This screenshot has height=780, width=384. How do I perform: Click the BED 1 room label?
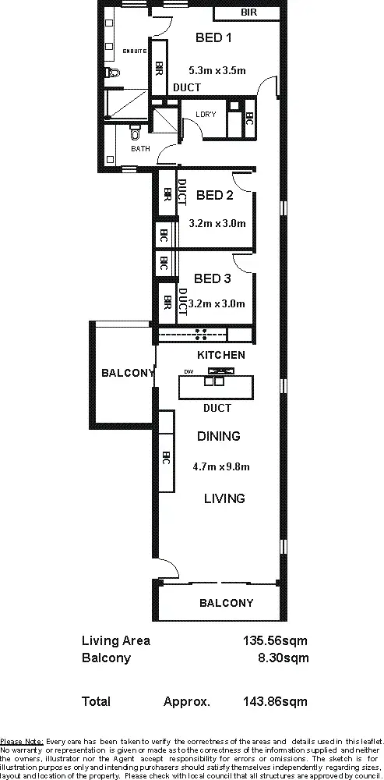[213, 37]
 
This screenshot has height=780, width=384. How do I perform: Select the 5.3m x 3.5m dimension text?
[217, 70]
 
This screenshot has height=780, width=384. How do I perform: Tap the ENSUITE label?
[134, 51]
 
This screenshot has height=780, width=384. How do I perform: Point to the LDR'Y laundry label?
[206, 115]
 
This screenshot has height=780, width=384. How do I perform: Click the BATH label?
[140, 148]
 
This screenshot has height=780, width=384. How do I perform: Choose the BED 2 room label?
[215, 195]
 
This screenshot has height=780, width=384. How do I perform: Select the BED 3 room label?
[213, 278]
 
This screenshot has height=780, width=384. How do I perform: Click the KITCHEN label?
[220, 355]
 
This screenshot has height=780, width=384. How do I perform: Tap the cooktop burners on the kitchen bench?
[200, 335]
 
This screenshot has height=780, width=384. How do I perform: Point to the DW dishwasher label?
[188, 371]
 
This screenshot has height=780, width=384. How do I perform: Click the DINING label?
[218, 436]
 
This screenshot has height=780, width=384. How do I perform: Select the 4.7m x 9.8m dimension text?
[220, 467]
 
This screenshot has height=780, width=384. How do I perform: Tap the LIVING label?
[224, 498]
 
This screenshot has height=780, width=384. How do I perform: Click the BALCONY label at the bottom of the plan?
[226, 603]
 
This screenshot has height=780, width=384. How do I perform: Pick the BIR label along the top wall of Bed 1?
[248, 13]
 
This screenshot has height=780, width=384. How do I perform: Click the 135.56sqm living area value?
[276, 641]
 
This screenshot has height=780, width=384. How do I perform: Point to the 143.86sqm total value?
[276, 702]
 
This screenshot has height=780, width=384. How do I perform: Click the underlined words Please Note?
[22, 741]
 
